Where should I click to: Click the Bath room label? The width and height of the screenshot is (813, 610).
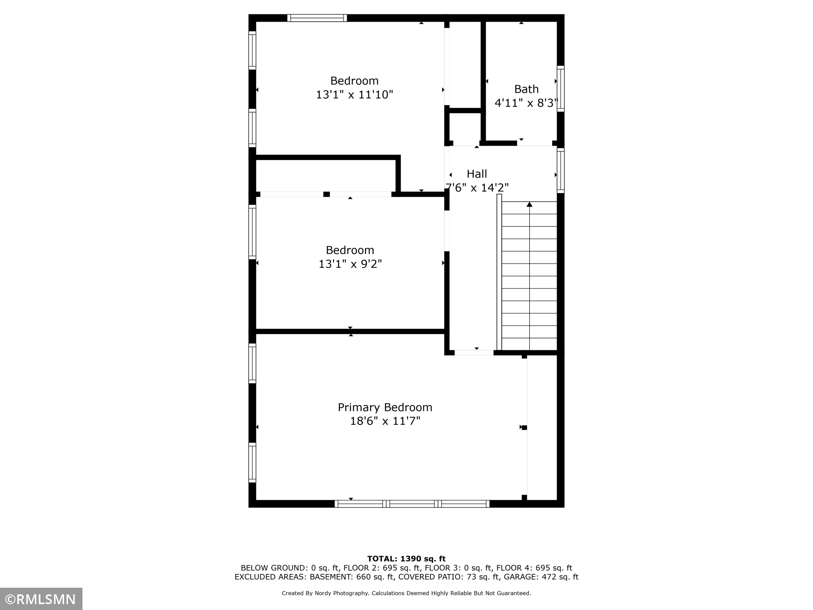tap(526, 89)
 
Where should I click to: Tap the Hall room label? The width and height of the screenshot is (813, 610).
tap(477, 174)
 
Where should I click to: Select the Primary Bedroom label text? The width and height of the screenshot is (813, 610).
tap(385, 407)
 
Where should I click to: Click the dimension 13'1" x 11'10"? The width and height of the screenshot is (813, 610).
tap(355, 95)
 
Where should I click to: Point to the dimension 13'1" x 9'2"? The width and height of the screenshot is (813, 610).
tap(350, 264)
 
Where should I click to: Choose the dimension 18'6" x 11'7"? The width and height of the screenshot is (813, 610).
tap(385, 421)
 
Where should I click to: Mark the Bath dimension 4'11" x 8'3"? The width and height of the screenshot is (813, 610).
tap(526, 103)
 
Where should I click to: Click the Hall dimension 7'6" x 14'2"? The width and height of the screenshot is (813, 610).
tap(477, 188)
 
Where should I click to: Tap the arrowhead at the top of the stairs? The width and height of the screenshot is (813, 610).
tap(529, 204)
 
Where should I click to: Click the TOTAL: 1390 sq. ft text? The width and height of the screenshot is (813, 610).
tap(406, 559)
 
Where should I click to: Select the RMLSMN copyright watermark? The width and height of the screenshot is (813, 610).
tap(41, 599)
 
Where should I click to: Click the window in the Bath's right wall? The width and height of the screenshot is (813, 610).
tap(561, 89)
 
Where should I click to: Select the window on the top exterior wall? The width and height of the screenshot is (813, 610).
tap(317, 18)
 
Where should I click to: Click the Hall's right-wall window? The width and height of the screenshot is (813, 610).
tap(561, 170)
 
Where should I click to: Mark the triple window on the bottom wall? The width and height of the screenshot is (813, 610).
tap(412, 504)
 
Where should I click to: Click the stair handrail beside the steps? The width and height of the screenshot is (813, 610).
tap(499, 272)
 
